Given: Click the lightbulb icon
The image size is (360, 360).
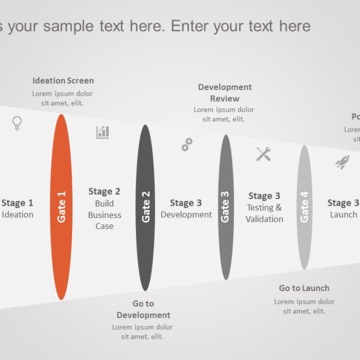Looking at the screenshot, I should pos(17,123).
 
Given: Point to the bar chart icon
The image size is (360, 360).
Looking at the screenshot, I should pos(102,132).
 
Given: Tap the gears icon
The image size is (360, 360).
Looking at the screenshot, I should pos(187,145).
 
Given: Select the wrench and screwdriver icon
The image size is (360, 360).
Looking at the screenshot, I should pos(264,154).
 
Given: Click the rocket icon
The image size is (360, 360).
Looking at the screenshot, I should pos(342,162).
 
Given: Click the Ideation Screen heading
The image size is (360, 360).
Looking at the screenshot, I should pos(63,80).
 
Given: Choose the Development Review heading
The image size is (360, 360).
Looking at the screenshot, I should pos(224,93).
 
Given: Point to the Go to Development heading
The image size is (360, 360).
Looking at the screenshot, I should pos(143,309).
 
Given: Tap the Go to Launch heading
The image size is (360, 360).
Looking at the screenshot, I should pos(304,288).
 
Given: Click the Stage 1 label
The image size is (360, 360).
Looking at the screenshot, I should pos(17,203).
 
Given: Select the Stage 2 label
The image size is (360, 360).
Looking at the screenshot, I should pos(104,192).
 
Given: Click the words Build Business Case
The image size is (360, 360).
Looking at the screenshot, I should pos(104,215).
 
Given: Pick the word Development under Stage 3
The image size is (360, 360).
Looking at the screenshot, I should pos(186,214).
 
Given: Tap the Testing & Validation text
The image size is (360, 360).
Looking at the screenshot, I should pos(264,213).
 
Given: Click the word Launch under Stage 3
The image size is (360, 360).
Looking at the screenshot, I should pos(343,214).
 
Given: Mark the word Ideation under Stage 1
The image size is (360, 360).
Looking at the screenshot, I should pos(17,214).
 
